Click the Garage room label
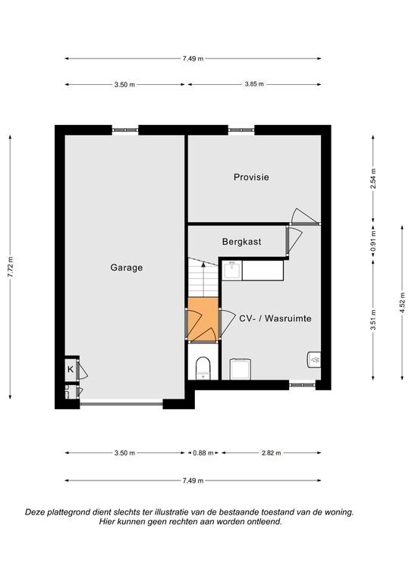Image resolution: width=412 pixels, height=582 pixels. [x=126, y=268]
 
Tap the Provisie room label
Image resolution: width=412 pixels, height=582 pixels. [x=251, y=177]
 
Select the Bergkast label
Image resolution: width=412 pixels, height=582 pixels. [x=241, y=242]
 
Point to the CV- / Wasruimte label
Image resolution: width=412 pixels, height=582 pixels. [x=275, y=318]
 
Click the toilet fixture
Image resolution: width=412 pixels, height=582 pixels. [x=203, y=368]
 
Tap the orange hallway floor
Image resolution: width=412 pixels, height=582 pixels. [x=203, y=319]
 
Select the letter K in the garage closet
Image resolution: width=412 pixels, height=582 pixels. [x=71, y=370]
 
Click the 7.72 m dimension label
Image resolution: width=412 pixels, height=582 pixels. [x=10, y=267]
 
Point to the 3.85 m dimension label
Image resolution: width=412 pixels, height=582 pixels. [x=254, y=84]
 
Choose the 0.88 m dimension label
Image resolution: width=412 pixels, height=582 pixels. [x=203, y=453]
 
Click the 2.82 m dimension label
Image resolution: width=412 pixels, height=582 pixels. [x=272, y=453]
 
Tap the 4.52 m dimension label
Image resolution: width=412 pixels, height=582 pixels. [x=402, y=303]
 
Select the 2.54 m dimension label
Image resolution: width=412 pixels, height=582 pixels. [x=373, y=179]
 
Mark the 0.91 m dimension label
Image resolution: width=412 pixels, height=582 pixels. [x=373, y=241]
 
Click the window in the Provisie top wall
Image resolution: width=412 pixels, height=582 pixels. [x=241, y=130]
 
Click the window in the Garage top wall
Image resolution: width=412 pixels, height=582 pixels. [x=125, y=130]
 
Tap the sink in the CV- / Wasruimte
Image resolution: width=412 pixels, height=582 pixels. [x=233, y=271]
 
